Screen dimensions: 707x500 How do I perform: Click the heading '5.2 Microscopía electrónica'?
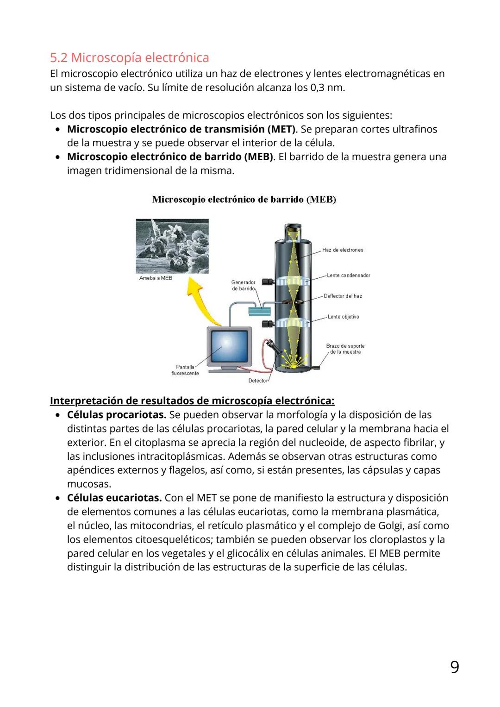coord(129,58)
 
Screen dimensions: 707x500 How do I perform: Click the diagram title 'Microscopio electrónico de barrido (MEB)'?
coord(244,200)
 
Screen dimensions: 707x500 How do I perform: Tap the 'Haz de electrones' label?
coord(343,250)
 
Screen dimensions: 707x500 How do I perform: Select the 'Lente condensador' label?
coord(348,275)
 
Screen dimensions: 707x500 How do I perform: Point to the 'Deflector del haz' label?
coord(343,296)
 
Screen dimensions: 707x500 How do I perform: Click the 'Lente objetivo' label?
coord(343,317)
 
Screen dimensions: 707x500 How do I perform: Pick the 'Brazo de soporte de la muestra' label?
coord(345,349)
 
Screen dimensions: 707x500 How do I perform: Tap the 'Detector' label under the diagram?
coord(258,381)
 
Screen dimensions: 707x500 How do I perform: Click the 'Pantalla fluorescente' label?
coord(185,370)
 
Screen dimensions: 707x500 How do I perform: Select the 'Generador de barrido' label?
coord(243,285)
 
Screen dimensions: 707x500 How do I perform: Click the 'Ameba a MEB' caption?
coord(156,278)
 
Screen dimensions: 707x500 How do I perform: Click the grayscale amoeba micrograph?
coord(172,246)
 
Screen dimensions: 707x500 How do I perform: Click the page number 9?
coord(455,668)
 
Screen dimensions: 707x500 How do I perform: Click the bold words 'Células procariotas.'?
coord(116,415)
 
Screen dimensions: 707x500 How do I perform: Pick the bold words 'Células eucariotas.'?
coord(114,498)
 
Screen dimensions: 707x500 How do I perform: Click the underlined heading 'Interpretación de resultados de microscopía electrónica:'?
coord(192,400)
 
